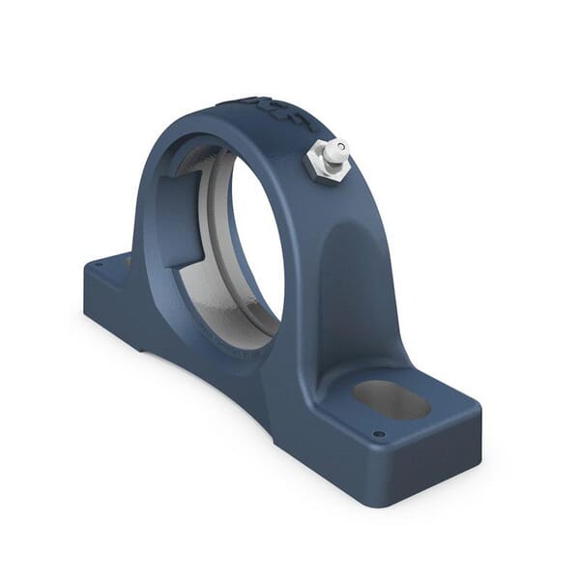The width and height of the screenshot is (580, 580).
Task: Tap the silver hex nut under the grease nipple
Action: tap(322, 164)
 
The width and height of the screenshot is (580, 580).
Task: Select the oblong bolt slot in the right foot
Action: tap(391, 398)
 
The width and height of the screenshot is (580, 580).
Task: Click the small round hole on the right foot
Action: tap(379, 434)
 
